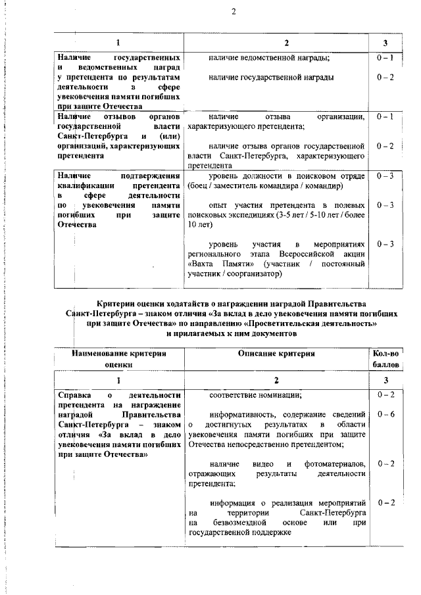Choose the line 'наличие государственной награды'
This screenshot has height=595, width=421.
(271, 78)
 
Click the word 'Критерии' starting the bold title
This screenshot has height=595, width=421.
(116, 303)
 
